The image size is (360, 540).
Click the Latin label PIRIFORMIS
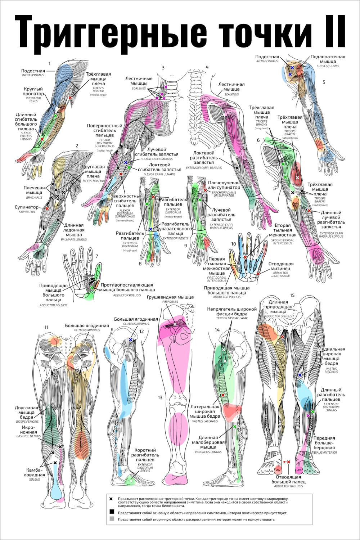click(170, 302)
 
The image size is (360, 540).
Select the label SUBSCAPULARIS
click(328, 66)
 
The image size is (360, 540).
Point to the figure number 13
click(160, 397)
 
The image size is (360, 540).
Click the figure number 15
click(292, 295)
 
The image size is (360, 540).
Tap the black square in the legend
click(112, 512)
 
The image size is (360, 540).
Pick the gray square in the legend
click(112, 519)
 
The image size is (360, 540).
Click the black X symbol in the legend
click(111, 499)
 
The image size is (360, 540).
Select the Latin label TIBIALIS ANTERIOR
click(324, 453)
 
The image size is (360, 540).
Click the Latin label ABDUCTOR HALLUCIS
click(288, 486)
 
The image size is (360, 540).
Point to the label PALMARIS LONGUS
click(74, 239)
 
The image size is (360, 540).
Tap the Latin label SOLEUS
click(35, 480)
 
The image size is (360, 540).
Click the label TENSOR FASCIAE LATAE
click(232, 318)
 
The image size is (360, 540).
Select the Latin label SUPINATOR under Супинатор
click(27, 212)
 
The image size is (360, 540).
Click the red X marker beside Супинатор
click(47, 208)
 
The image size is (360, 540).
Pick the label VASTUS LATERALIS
click(205, 421)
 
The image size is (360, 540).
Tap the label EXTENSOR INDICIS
click(175, 238)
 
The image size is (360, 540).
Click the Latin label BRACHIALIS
click(34, 198)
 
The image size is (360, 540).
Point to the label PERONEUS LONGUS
click(208, 452)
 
